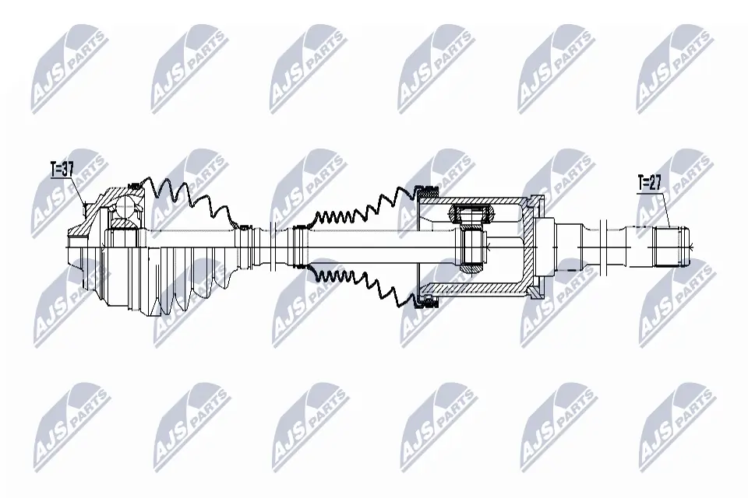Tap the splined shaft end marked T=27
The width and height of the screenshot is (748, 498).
tap(671, 247)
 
